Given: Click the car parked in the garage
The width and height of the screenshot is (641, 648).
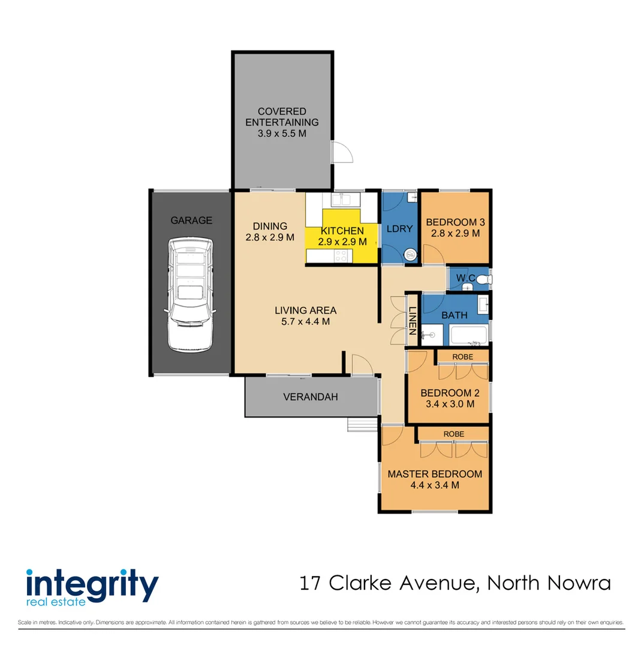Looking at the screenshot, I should tap(190, 294).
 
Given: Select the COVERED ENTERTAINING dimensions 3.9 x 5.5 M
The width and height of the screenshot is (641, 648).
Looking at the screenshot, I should tap(282, 133).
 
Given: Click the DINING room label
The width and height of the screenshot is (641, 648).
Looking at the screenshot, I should tap(270, 226).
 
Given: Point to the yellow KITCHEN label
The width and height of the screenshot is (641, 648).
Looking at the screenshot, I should tap(342, 231).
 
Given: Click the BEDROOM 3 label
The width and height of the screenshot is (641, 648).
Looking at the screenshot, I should tap(455, 223).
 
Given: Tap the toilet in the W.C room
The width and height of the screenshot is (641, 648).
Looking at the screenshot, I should tap(484, 279).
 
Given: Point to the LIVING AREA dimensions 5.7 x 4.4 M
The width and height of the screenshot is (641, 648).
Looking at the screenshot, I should tap(305, 321).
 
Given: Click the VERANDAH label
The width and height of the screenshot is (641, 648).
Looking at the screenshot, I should tap(311, 397).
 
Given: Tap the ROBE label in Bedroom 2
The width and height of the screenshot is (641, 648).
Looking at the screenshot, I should tap(462, 357).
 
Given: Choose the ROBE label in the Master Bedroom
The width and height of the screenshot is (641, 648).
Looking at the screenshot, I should tap(453, 434).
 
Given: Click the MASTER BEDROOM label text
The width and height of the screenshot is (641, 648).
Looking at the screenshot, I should tap(435, 474).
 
